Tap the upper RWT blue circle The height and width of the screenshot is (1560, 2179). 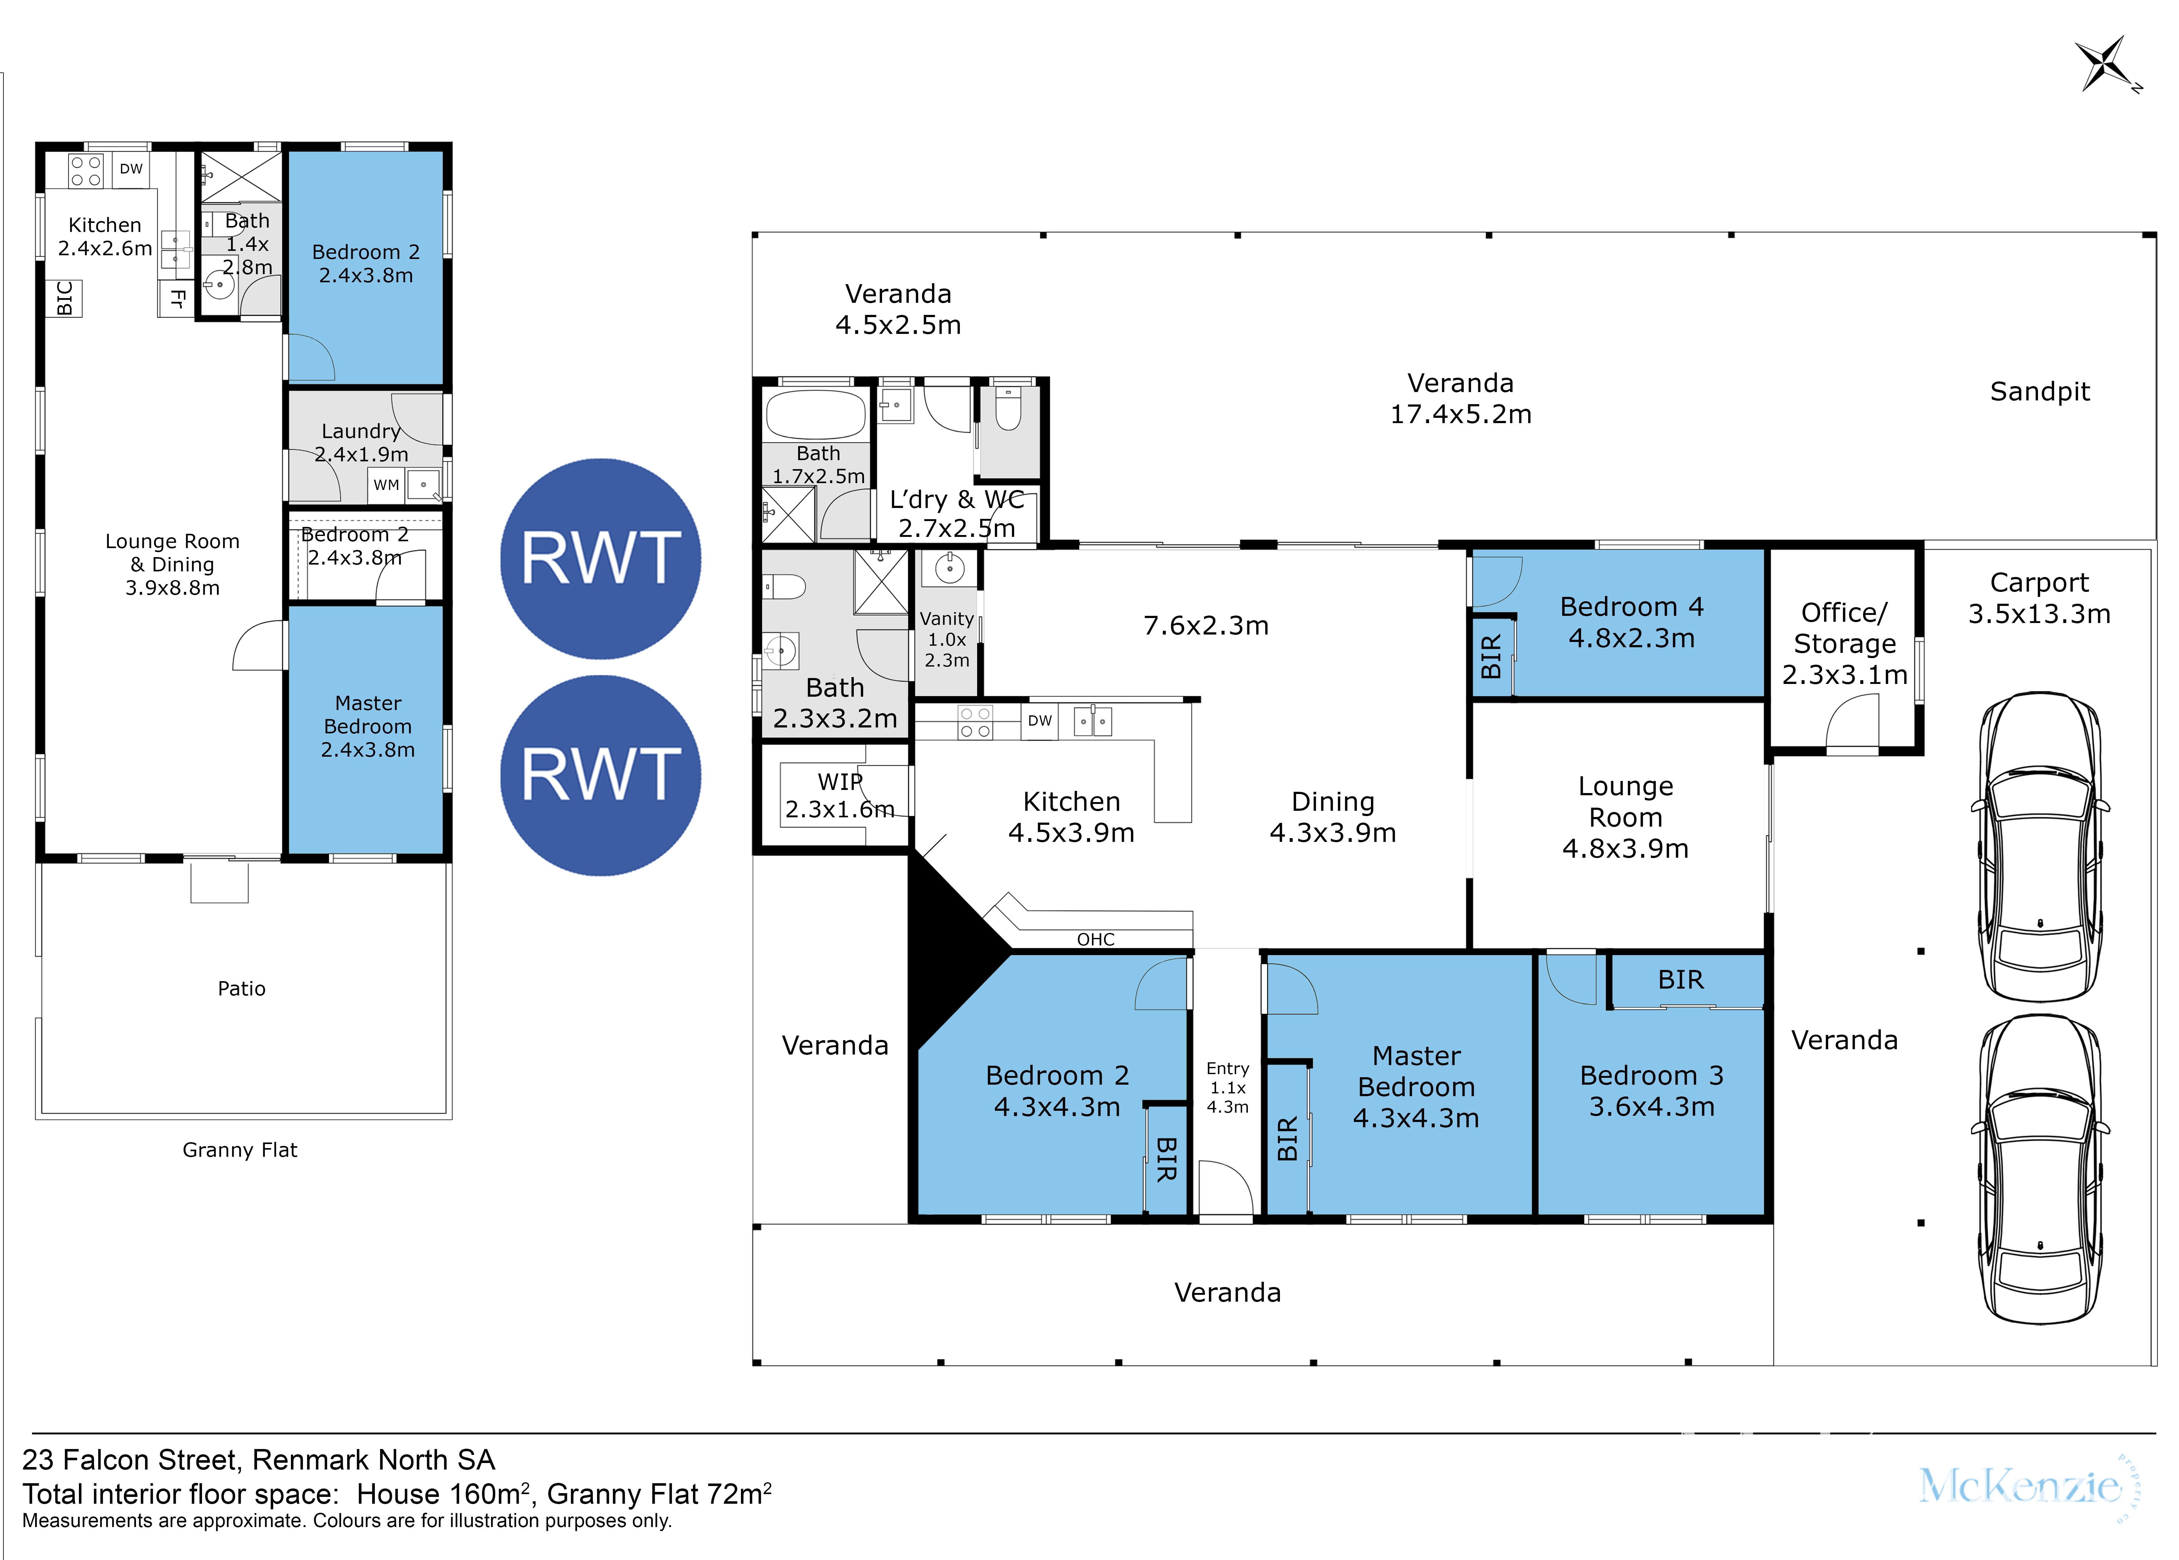pos(600,558)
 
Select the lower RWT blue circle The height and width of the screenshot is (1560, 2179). pos(600,775)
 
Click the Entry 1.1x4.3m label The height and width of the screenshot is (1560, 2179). pos(1227,1087)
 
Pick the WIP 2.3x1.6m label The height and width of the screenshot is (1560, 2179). pos(839,795)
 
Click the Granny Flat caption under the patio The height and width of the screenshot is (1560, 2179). pos(240,1150)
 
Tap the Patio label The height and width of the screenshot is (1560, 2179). pos(241,989)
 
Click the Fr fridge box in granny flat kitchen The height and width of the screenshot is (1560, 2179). pos(177,299)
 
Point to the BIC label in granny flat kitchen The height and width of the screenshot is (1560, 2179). pos(64,298)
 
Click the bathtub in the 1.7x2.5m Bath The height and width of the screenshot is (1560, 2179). pos(815,414)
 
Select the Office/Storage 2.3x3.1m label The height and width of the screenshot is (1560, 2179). pos(1844,644)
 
